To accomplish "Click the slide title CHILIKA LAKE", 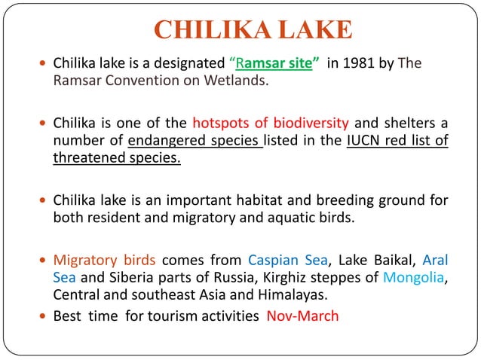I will tap(252, 30).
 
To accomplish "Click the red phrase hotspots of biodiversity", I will tap(270, 124).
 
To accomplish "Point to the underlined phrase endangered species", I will tap(195, 141).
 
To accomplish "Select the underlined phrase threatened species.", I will tap(117, 158).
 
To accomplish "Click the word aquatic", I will tap(308, 218).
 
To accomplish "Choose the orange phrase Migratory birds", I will tap(104, 261).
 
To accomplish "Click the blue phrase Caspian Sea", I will tap(288, 261).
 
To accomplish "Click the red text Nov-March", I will tap(302, 316).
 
